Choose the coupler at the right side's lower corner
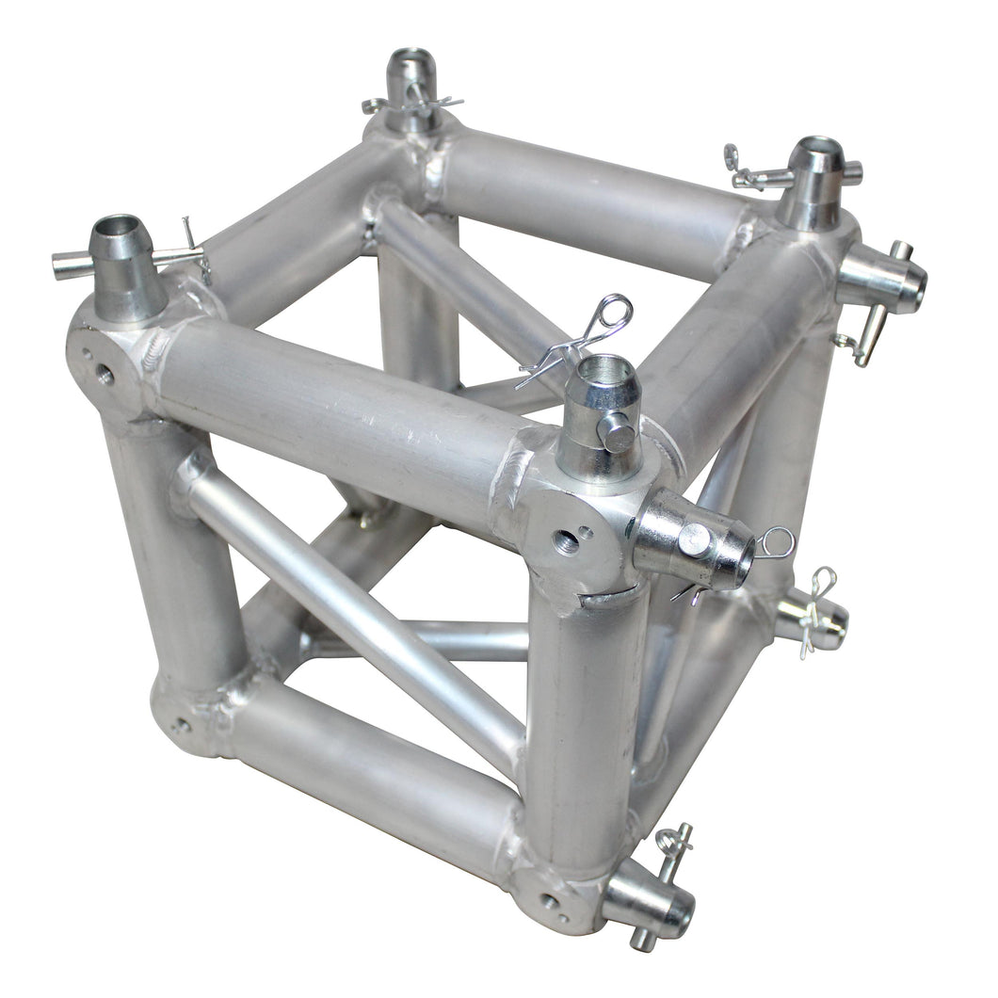tap(812, 620)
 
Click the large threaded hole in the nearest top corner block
tap(566, 541)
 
